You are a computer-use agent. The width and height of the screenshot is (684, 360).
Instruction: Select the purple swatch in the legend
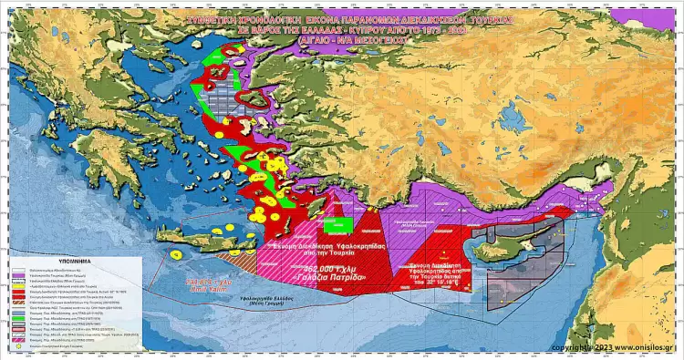click(17, 274)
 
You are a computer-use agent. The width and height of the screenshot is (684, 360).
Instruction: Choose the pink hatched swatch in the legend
click(17, 339)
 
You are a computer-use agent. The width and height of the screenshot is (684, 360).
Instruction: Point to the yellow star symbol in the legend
click(17, 347)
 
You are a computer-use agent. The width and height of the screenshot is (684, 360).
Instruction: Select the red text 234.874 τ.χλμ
click(205, 281)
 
